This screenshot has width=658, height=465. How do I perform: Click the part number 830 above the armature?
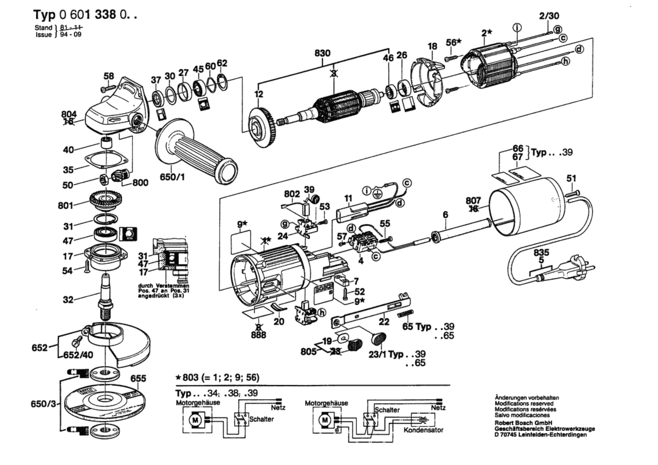click(x=322, y=53)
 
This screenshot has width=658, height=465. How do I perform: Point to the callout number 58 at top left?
click(x=109, y=76)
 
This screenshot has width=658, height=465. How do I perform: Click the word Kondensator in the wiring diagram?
click(x=423, y=430)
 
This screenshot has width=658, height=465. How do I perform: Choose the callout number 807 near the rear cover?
click(x=473, y=201)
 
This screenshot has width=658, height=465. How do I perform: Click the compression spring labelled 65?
click(x=405, y=313)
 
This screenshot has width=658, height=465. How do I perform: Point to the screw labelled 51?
click(x=572, y=193)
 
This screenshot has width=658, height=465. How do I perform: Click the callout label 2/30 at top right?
click(x=549, y=16)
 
